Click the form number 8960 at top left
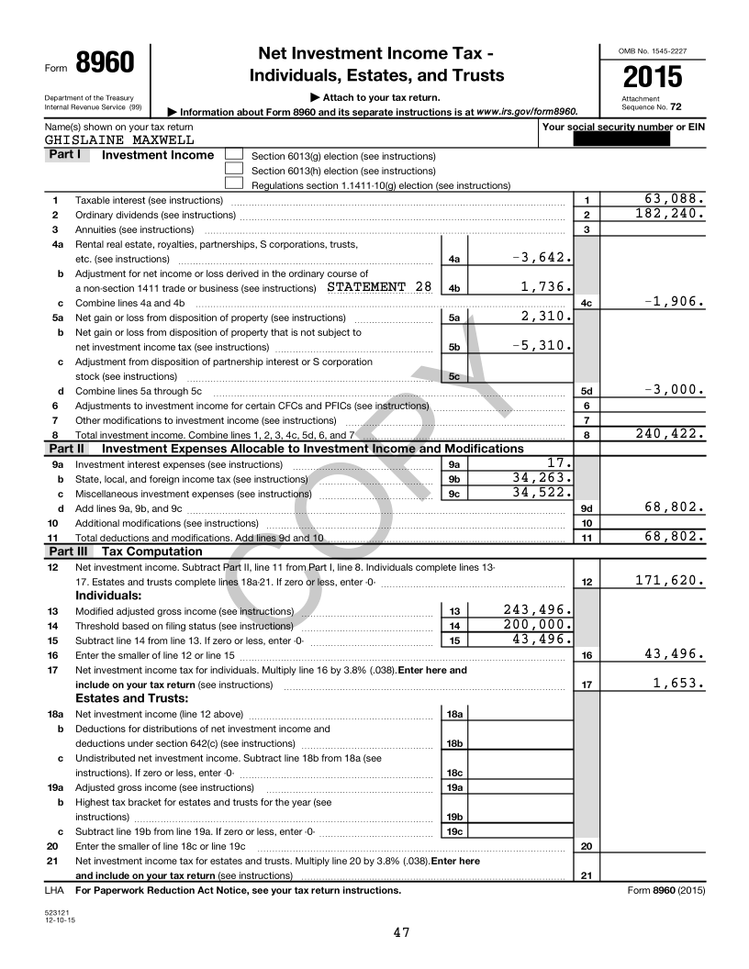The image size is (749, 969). [105, 63]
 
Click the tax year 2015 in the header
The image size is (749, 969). [652, 77]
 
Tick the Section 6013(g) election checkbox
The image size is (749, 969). [234, 155]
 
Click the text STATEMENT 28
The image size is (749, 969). [379, 286]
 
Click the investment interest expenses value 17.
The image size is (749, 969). [560, 462]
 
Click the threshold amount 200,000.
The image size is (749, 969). [539, 625]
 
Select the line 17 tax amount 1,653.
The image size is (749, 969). [677, 683]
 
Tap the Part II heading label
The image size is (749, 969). [66, 449]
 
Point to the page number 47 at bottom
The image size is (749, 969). [401, 932]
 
